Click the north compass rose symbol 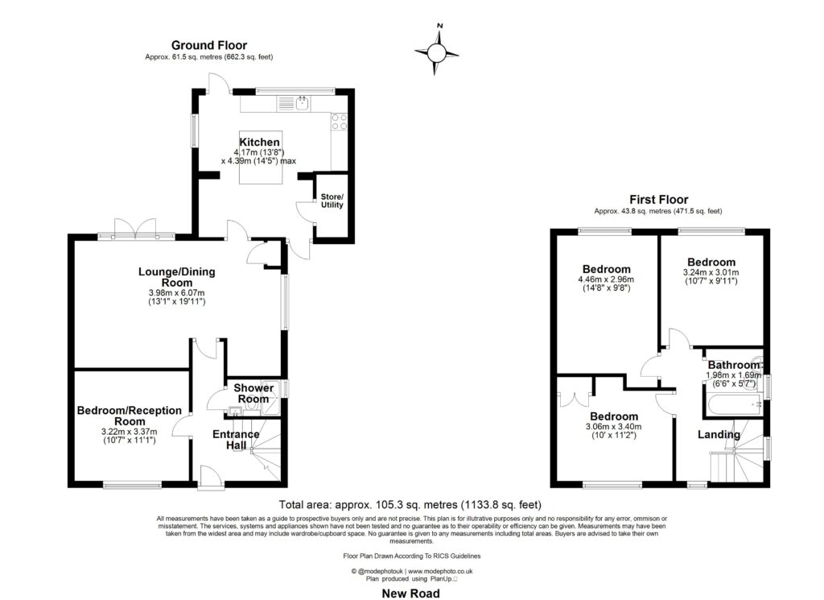(x=436, y=52)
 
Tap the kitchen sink (x=302, y=102)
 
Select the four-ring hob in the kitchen (x=340, y=122)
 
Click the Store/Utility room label (x=332, y=201)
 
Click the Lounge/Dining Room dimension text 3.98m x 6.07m (x=177, y=292)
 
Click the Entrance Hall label (x=236, y=440)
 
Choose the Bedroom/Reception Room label (x=129, y=416)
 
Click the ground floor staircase (x=262, y=456)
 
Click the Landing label (x=718, y=435)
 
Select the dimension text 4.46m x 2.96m (x=608, y=279)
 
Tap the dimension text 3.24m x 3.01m (x=711, y=272)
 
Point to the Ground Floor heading (x=209, y=45)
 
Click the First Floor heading (x=658, y=200)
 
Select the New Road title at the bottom (x=411, y=593)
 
